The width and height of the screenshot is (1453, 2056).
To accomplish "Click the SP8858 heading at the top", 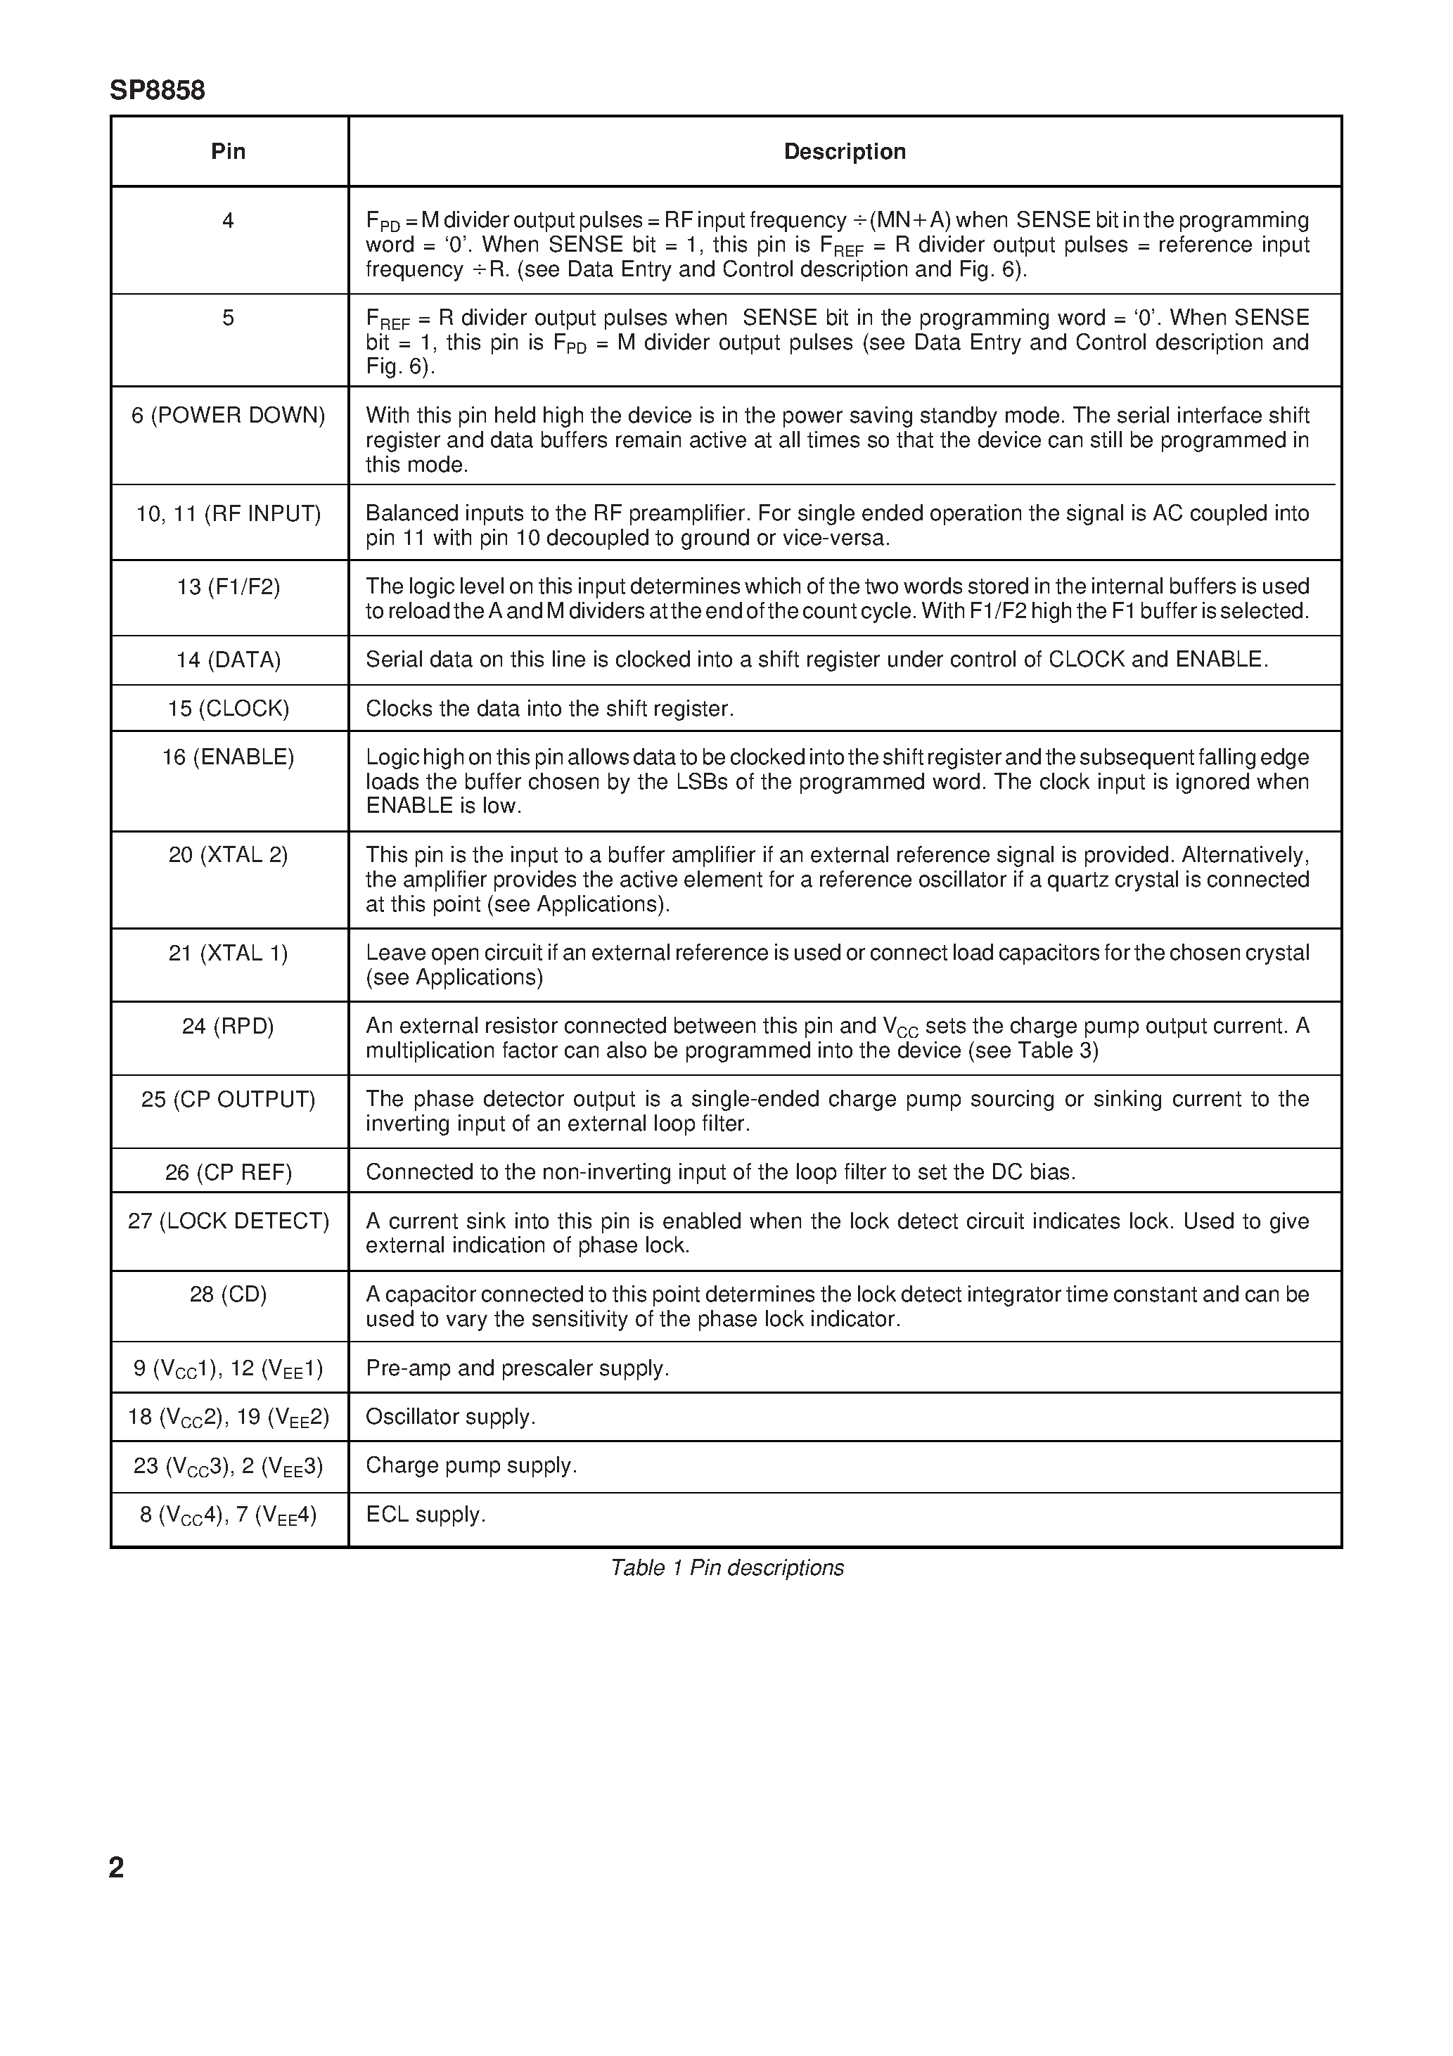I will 157,91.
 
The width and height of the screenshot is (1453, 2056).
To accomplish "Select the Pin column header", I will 228,151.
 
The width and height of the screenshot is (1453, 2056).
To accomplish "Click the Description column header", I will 844,151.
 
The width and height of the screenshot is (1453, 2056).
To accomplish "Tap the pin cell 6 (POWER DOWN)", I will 228,416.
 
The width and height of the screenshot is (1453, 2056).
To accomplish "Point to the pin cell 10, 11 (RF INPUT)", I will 228,514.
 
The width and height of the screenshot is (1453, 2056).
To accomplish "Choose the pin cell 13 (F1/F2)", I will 228,587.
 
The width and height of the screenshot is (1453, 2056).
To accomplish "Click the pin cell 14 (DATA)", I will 228,661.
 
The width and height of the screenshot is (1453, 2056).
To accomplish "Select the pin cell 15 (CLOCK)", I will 228,709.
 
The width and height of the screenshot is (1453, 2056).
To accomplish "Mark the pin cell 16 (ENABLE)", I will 228,757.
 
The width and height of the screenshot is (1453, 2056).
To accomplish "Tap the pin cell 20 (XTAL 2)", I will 228,855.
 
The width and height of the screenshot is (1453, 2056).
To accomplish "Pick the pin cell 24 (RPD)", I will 228,1026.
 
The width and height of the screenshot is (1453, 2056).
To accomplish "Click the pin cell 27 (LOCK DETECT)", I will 228,1221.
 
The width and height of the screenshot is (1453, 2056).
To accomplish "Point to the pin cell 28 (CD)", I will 228,1295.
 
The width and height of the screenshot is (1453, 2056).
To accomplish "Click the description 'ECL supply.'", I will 425,1515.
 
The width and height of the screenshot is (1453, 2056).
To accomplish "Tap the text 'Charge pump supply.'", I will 471,1466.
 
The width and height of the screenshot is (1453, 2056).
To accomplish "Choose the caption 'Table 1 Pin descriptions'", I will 726,1568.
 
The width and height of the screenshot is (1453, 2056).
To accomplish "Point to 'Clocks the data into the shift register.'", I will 549,709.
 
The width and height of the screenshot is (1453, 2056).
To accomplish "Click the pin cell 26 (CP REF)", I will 228,1173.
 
